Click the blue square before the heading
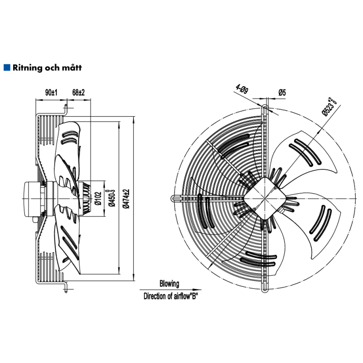(6, 68)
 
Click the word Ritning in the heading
(28, 68)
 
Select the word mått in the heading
(73, 68)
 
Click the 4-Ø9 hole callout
(242, 89)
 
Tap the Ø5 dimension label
(282, 92)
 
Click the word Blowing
(169, 284)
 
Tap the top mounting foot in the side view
(67, 108)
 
